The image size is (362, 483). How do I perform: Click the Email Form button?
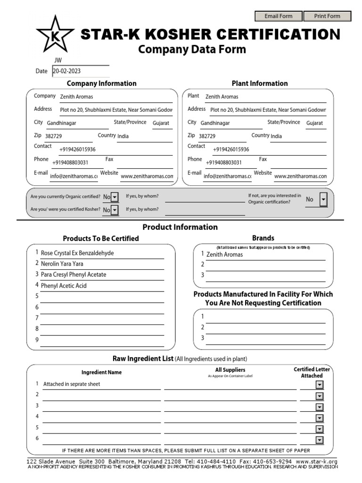coord(279,16)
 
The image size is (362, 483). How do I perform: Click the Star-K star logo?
coord(55,34)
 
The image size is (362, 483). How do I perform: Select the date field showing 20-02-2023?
coord(80,71)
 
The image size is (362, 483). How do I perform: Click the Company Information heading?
coord(101,83)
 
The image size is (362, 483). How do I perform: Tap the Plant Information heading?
coord(260,83)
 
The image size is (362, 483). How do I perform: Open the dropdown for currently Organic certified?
coord(114,197)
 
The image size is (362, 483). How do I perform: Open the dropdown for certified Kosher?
coord(114,210)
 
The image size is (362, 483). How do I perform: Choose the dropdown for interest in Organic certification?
coord(323,200)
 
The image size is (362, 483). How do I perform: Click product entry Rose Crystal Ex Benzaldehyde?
coord(77,253)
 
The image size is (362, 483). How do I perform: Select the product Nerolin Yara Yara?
coord(62,264)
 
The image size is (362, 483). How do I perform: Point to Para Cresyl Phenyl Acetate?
coord(74,275)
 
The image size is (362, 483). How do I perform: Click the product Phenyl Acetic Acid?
coord(64,286)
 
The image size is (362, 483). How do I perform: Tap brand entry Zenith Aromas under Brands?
coord(224,255)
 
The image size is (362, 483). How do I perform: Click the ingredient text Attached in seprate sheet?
coord(72,384)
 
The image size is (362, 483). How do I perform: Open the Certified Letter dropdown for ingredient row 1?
coord(320,385)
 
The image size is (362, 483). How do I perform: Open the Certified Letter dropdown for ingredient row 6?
coord(320,440)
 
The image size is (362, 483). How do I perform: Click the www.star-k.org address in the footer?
coord(317,461)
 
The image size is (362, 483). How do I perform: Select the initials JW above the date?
coord(58,60)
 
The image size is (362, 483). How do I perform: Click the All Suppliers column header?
coord(230,370)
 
